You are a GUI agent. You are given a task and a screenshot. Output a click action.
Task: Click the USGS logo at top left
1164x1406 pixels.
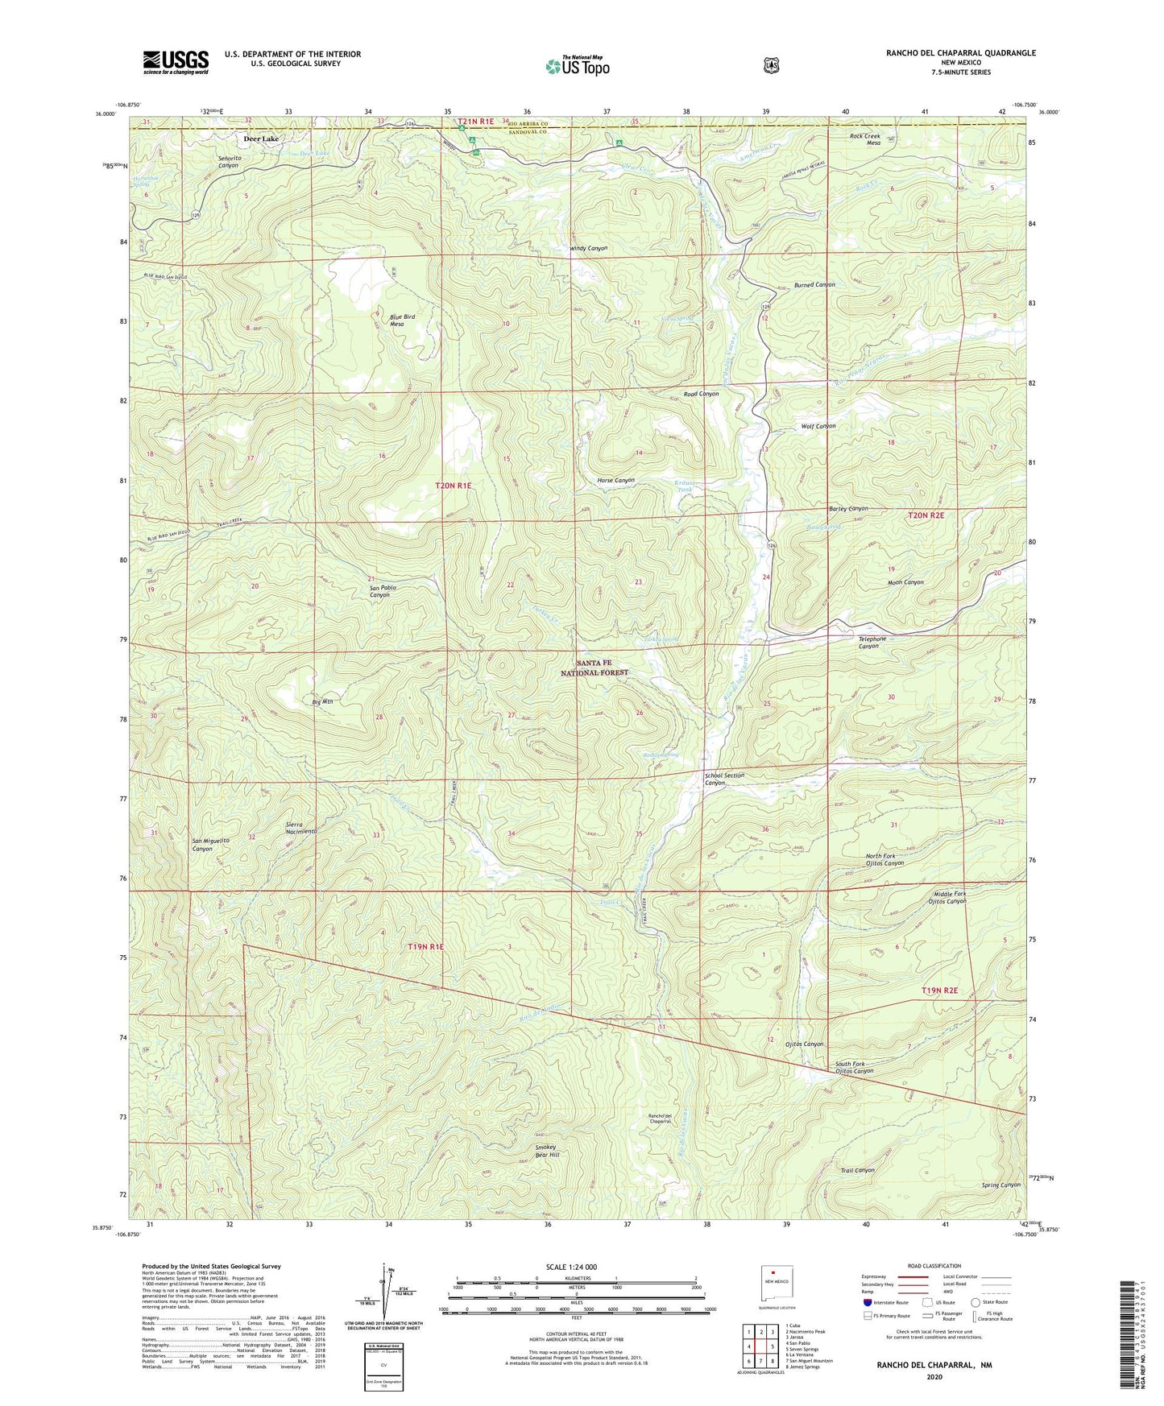pyautogui.click(x=176, y=61)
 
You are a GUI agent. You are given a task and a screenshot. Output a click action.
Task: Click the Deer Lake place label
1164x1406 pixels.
pyautogui.click(x=261, y=139)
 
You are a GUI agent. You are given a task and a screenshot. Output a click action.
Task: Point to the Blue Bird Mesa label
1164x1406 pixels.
pyautogui.click(x=402, y=320)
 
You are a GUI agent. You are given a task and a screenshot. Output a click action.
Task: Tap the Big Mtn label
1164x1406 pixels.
pyautogui.click(x=323, y=702)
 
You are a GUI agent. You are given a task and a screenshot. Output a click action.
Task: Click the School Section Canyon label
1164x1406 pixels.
pyautogui.click(x=724, y=779)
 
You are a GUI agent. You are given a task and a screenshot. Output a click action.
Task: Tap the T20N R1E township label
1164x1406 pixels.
pyautogui.click(x=453, y=486)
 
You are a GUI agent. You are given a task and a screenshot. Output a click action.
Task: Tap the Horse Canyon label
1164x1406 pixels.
pyautogui.click(x=615, y=480)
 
